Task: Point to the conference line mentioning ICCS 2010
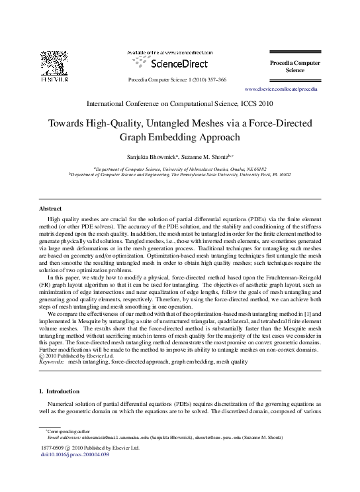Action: click(x=180, y=104)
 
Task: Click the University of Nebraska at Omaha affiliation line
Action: click(x=180, y=169)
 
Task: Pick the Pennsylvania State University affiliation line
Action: click(x=180, y=175)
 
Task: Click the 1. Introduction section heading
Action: click(x=60, y=391)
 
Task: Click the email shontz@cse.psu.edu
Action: click(x=218, y=438)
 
